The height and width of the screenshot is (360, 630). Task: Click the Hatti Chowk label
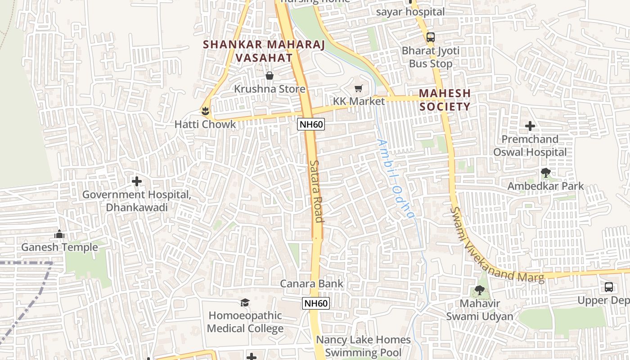tap(205, 124)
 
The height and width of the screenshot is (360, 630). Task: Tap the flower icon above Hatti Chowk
tap(206, 110)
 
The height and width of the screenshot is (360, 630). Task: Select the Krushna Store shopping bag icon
tap(270, 76)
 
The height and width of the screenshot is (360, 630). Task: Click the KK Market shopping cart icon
tap(359, 88)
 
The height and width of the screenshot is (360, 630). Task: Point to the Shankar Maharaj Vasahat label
tap(248, 51)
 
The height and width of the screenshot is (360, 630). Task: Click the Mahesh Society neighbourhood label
tap(445, 100)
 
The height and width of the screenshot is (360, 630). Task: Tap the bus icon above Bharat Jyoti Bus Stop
tap(431, 37)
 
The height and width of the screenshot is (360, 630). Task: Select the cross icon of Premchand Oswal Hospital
tap(530, 126)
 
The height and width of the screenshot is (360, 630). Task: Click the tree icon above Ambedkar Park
tap(545, 172)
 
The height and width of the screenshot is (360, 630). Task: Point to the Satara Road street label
tap(317, 191)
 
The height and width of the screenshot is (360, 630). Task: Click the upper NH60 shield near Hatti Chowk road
tap(311, 124)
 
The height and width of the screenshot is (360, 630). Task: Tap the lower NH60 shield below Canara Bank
tap(316, 303)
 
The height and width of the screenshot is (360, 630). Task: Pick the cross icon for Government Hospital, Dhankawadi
tap(137, 181)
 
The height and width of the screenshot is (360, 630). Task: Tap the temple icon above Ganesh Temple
tap(59, 234)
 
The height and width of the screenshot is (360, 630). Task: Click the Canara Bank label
tap(312, 283)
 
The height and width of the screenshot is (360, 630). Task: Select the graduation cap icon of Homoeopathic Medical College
tap(245, 302)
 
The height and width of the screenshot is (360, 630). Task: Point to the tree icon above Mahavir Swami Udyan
tap(480, 290)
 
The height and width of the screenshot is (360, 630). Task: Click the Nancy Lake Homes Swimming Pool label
tap(363, 346)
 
